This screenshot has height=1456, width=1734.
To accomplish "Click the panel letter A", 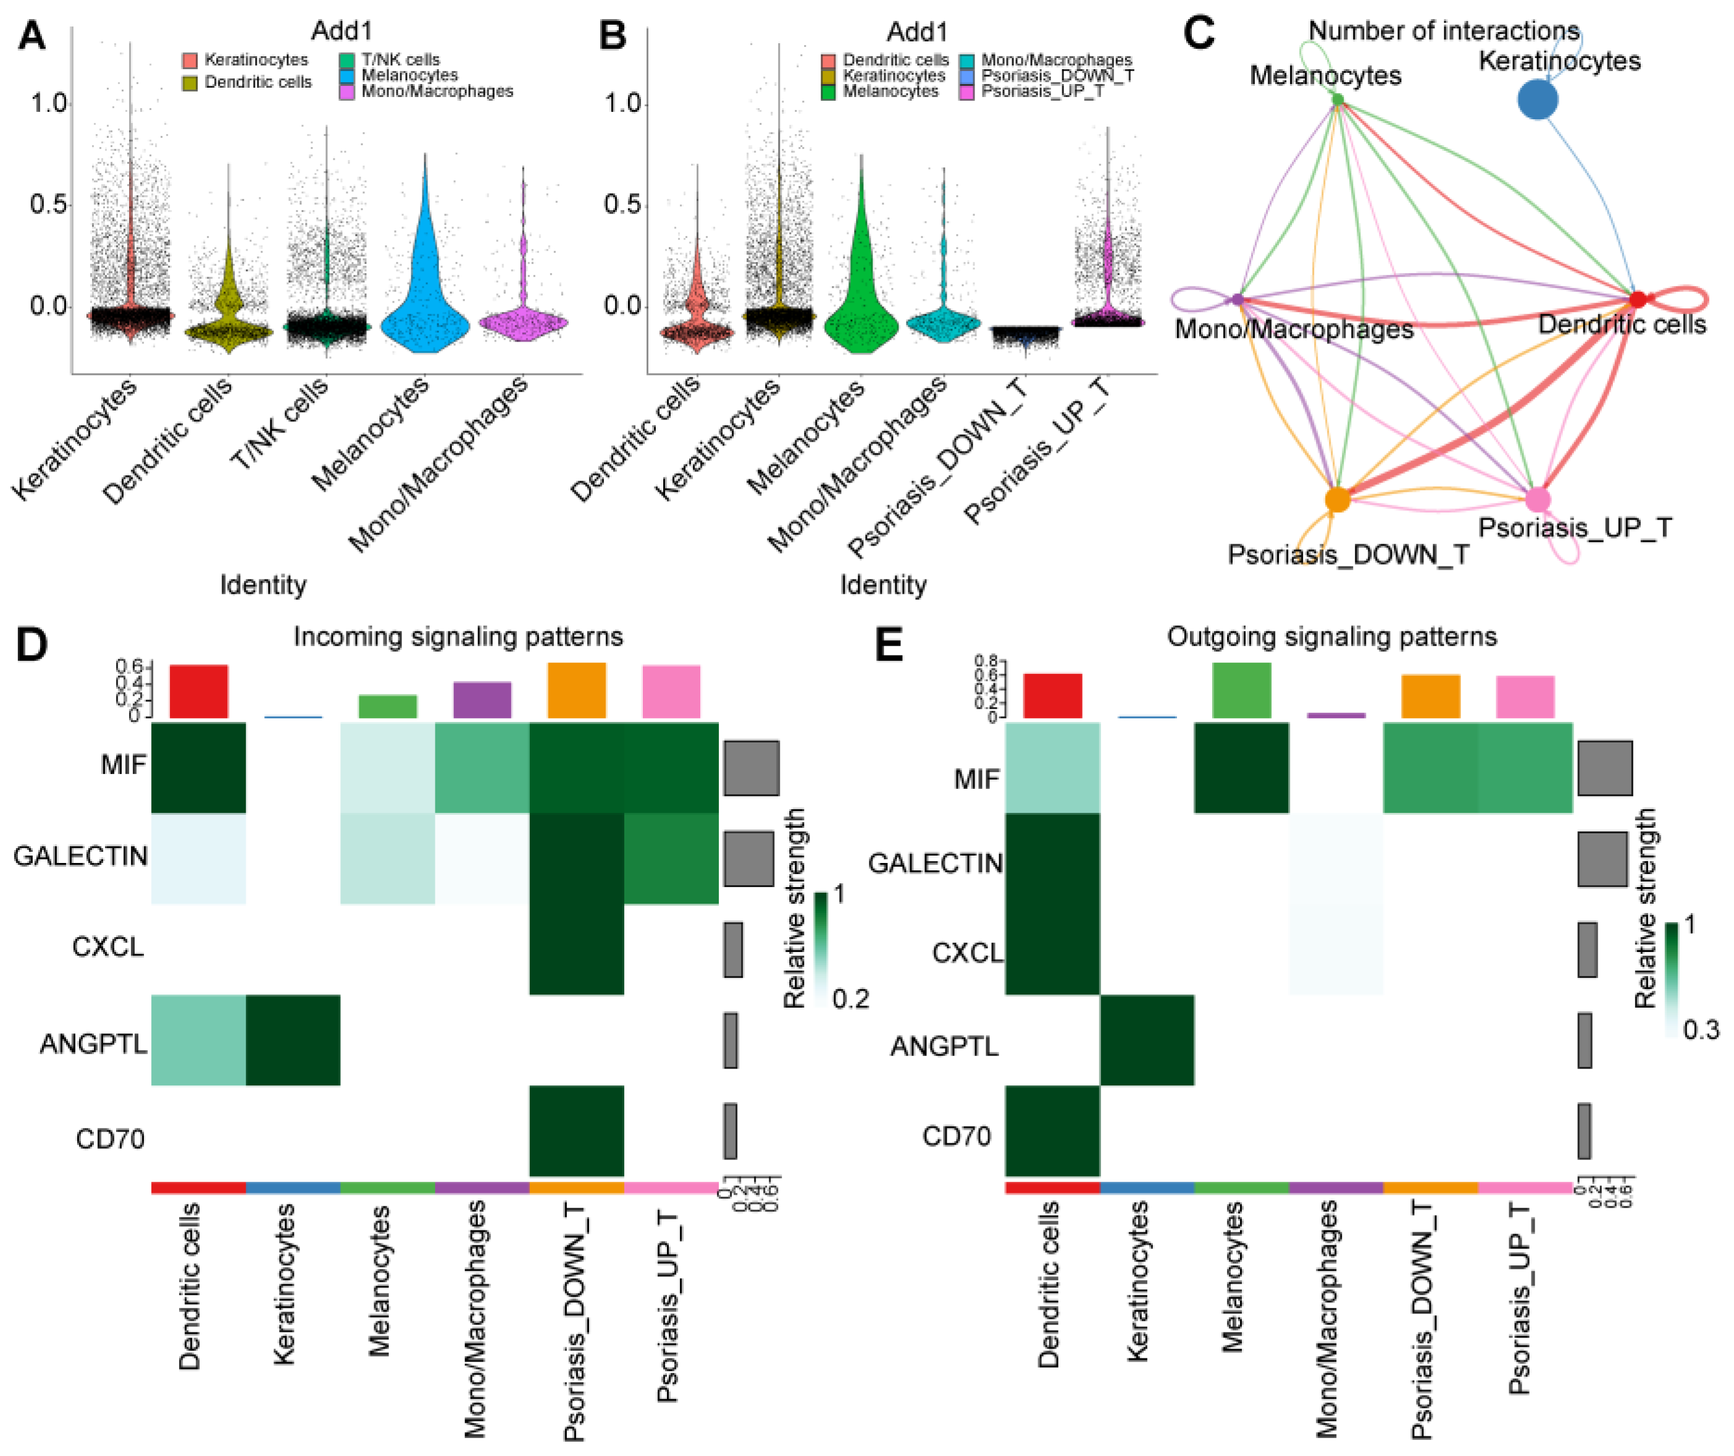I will click(31, 35).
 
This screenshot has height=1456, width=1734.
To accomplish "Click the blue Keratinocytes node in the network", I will click(1538, 100).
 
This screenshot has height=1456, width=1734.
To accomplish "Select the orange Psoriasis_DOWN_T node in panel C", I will click(1338, 500).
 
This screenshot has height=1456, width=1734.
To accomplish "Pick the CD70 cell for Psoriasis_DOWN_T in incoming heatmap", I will click(576, 1130).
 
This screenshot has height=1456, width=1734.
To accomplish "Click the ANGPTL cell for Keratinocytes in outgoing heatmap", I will click(1147, 1040).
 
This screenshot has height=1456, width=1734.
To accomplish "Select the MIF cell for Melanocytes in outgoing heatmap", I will click(1241, 767).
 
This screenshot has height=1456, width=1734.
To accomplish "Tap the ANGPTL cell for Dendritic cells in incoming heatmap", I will click(198, 1040).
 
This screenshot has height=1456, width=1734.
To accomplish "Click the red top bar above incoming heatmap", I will click(199, 691).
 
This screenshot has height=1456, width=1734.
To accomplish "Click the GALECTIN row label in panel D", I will click(80, 856).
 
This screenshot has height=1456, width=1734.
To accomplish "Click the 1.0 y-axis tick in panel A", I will click(49, 103).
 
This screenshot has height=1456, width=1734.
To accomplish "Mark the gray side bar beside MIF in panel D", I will click(752, 767).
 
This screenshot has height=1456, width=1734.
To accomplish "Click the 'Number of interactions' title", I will click(1443, 30).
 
